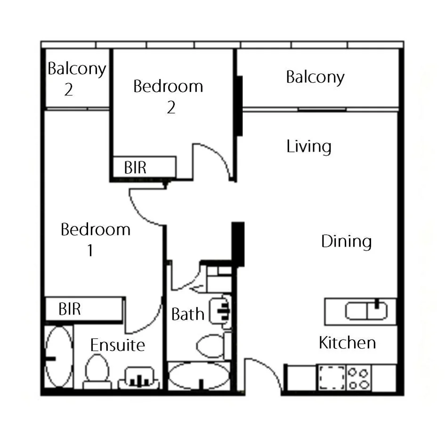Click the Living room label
[x=309, y=147]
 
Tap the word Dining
[x=346, y=241]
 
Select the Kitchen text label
[x=347, y=343]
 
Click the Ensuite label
[x=117, y=345]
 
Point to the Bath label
[x=187, y=314]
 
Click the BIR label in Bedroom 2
[x=135, y=168]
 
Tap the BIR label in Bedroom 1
[x=70, y=309]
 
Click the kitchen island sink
[x=366, y=311]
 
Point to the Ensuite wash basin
[x=139, y=378]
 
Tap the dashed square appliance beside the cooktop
[x=332, y=378]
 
